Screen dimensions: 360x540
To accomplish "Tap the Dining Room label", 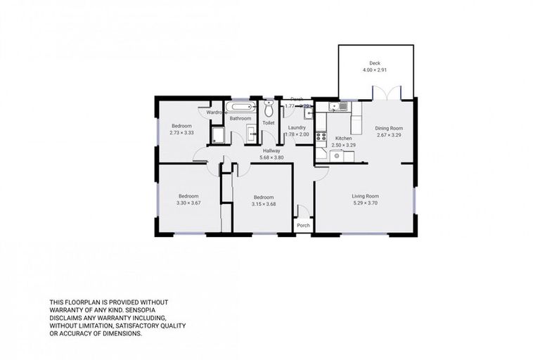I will tap(388, 128).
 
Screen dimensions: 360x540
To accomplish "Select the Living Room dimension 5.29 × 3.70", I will tap(365, 202).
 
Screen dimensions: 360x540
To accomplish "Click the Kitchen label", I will tap(342, 139).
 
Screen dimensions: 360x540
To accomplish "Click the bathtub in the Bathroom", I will tap(242, 108).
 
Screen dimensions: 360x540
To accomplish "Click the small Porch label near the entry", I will tap(303, 226).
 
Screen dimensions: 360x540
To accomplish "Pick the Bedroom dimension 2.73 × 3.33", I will tap(181, 132).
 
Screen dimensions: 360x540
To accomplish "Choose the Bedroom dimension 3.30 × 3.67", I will tap(188, 202).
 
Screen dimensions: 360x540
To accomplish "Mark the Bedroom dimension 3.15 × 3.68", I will tap(263, 204).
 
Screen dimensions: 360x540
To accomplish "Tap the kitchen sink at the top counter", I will tap(342, 106).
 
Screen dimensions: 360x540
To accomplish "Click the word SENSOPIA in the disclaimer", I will tap(148, 309).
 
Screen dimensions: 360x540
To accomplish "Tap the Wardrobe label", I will tap(216, 112).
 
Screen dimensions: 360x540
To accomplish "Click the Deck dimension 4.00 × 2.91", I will tap(374, 70).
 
